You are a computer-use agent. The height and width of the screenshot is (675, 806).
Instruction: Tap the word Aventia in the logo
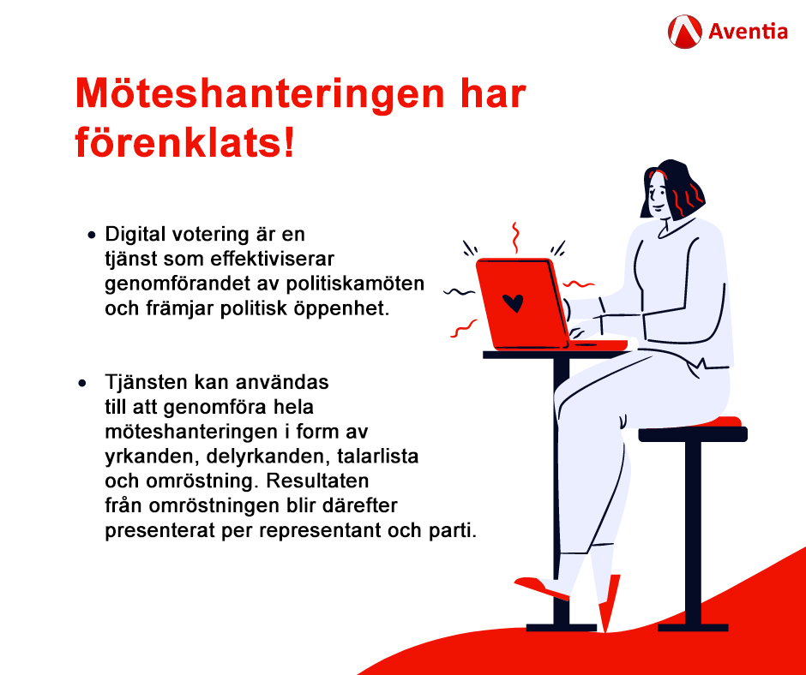coord(748,33)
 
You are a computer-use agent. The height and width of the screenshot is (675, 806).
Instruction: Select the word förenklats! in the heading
coord(184,142)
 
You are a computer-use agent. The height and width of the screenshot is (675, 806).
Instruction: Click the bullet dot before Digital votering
coord(91,235)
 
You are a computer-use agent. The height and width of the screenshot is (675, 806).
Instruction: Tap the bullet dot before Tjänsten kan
coord(83,381)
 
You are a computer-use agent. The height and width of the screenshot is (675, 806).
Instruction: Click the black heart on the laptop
coord(513,302)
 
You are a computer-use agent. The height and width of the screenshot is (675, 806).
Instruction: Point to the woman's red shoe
coord(542,588)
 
